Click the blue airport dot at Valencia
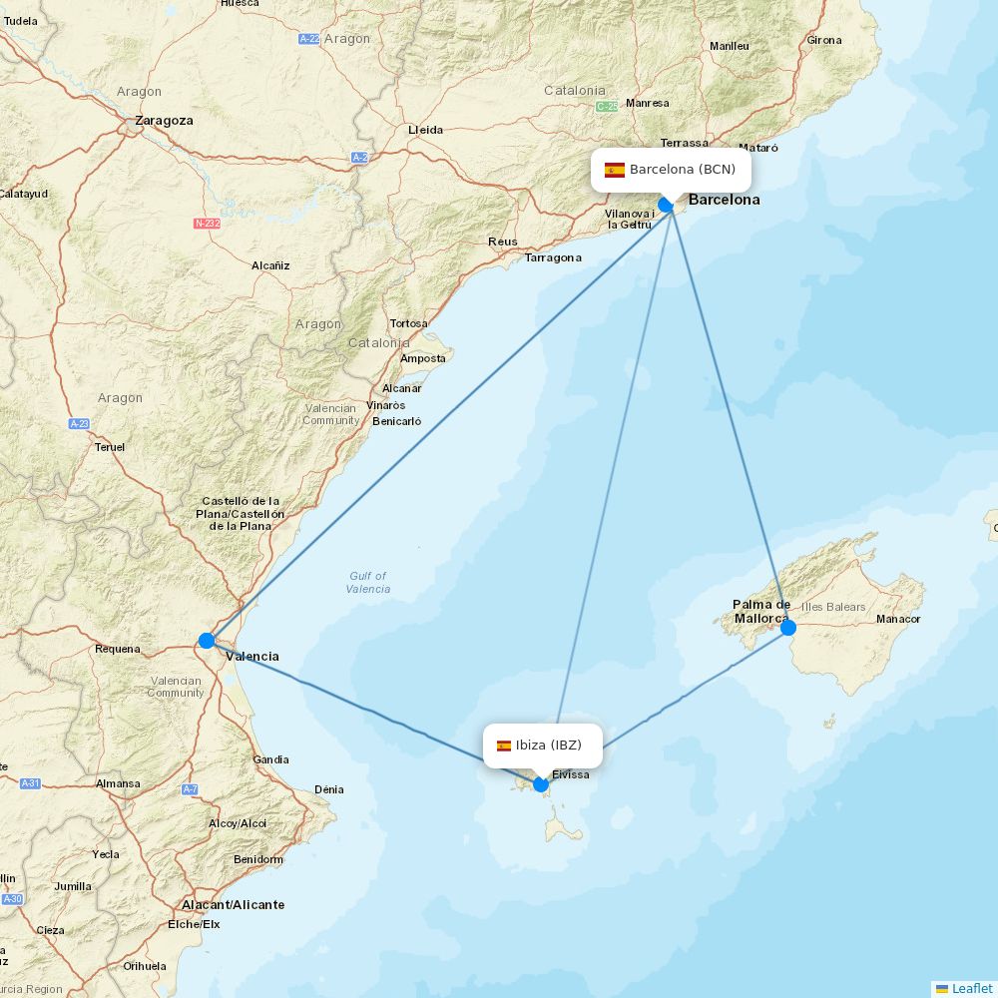(207, 640)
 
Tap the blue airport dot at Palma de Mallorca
(788, 627)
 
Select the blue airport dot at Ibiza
(541, 783)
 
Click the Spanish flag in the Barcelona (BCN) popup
(615, 170)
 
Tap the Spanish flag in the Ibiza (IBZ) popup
(504, 746)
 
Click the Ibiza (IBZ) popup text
(548, 745)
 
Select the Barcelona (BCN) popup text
(682, 170)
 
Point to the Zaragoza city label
(165, 120)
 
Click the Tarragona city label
(553, 257)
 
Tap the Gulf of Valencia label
(368, 582)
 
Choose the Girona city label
(824, 40)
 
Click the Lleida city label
(426, 130)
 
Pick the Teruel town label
(110, 447)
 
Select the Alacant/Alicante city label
(233, 905)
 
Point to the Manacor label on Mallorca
(898, 619)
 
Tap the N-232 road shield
(207, 224)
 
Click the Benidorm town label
(257, 859)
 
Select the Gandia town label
(270, 759)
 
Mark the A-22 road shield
(308, 39)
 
